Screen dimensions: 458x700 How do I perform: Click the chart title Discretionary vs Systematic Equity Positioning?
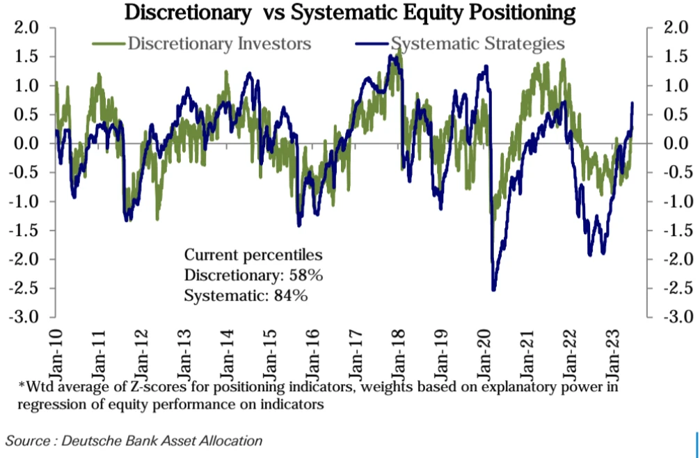point(350,12)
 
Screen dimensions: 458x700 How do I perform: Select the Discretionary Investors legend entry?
point(218,44)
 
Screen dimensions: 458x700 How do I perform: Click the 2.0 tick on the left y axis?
point(27,29)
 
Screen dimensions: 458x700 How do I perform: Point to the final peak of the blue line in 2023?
point(633,103)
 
